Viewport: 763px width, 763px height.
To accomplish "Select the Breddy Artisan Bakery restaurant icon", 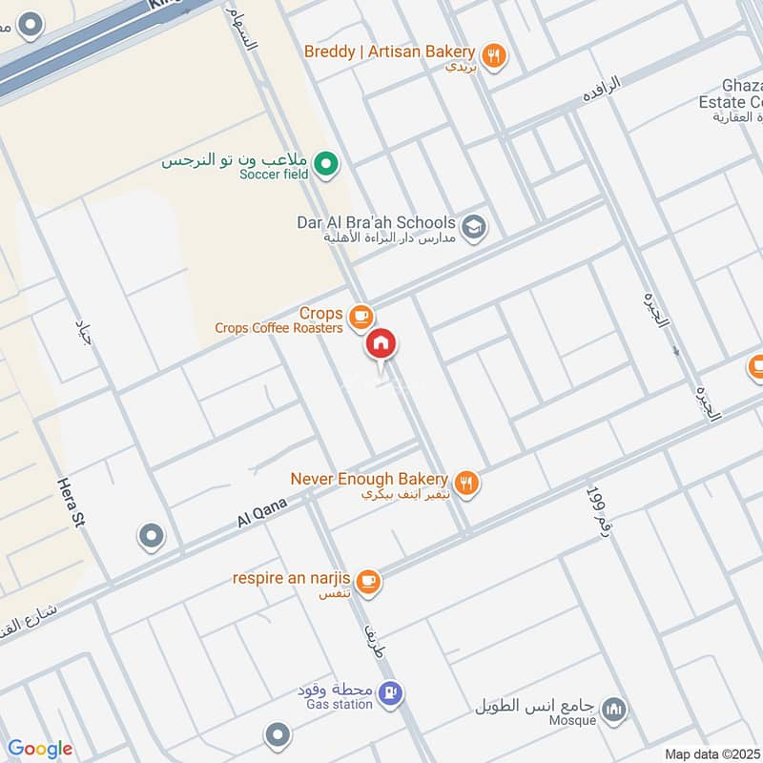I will click(492, 56).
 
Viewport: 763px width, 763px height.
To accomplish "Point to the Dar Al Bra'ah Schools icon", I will click(473, 228).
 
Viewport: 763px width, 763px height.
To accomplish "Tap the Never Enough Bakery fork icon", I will click(466, 484).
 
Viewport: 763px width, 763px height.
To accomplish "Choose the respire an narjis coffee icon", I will click(369, 581).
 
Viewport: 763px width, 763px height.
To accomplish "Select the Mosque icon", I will click(615, 711).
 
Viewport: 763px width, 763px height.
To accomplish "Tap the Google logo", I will click(40, 749).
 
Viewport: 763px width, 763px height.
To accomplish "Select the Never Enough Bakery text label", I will click(369, 478).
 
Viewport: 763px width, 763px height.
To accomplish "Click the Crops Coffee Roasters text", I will click(278, 328).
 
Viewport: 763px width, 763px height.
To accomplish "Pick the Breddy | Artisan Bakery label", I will click(389, 51).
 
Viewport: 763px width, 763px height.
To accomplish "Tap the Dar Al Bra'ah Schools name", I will click(376, 222).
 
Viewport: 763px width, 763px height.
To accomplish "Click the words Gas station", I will click(340, 704).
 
